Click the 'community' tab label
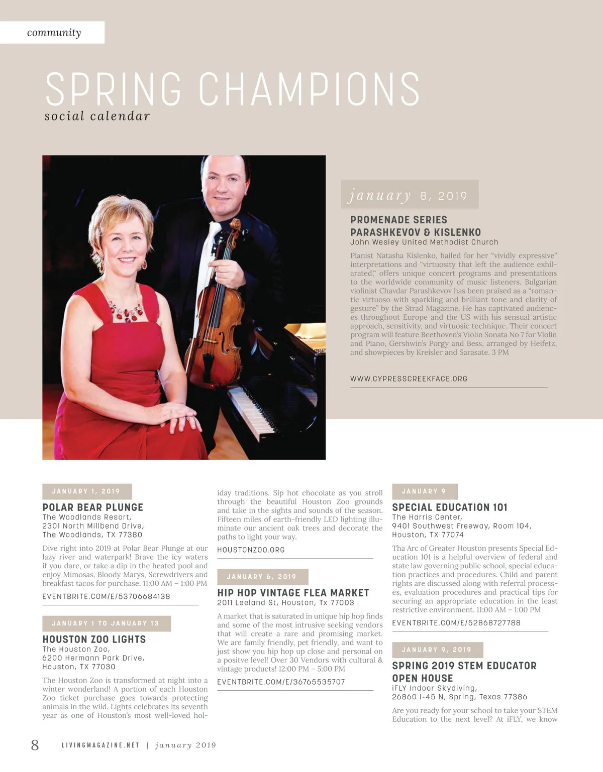point(54,33)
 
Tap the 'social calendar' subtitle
point(97,116)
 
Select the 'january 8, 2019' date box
point(409,195)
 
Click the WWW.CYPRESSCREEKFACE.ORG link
point(409,379)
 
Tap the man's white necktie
point(208,261)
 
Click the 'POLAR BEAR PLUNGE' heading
point(93,507)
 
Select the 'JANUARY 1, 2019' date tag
point(86,491)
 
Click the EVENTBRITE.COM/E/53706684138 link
point(106,597)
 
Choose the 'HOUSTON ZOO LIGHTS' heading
point(94,639)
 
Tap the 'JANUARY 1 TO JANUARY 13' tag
point(106,623)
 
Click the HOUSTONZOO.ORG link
point(251,550)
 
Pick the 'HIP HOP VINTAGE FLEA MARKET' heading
point(293,593)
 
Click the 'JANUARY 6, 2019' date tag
point(262,577)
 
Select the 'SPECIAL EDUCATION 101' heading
point(450,507)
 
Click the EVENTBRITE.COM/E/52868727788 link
point(456,623)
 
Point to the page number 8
point(35,745)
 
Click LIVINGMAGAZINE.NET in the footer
point(100,745)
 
